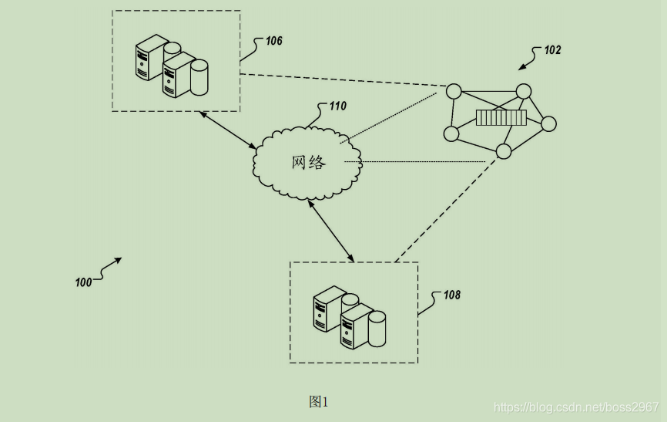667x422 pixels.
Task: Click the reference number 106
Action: [274, 41]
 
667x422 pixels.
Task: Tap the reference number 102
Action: [552, 50]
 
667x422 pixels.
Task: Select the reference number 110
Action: [337, 106]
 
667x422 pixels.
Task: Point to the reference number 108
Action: [451, 295]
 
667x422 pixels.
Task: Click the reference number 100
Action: [83, 282]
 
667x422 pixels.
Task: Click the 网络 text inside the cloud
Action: [309, 162]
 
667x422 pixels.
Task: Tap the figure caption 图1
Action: [318, 402]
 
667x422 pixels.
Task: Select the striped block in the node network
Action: [501, 117]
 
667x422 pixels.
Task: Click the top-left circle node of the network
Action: [454, 91]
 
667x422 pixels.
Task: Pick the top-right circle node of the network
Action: [524, 92]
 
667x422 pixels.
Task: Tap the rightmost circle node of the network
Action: [548, 123]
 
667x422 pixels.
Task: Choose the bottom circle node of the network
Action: [504, 151]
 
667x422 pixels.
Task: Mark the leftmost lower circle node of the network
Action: [451, 133]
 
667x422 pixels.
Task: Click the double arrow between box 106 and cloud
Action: [228, 130]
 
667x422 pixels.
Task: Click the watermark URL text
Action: [575, 407]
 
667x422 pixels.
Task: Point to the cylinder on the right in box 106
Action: [199, 77]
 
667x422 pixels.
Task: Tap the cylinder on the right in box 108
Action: [377, 329]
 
